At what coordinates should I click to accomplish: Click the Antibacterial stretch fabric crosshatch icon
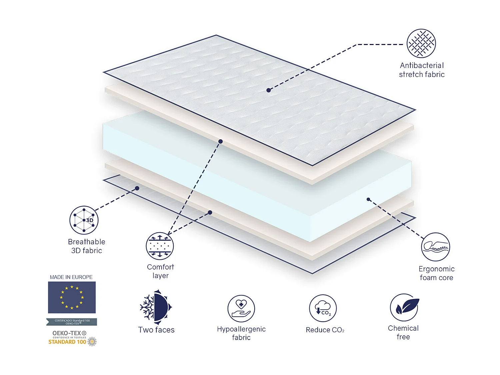pos(421,43)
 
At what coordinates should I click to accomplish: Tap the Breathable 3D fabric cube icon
pos(84,220)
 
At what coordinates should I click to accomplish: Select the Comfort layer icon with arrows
pos(160,246)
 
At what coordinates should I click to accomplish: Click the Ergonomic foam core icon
pos(436,247)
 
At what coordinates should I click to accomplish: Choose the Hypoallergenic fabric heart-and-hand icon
pos(241,309)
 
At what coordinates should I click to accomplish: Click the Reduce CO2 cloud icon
pos(323,308)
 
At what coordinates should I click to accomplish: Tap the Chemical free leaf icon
pos(404,307)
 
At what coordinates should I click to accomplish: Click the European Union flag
pos(72,297)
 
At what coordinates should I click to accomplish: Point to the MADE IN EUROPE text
pos(71,277)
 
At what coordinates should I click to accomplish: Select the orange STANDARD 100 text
pos(67,342)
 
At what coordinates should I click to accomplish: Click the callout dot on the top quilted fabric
pos(269,90)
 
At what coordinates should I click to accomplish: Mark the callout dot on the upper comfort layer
pos(220,142)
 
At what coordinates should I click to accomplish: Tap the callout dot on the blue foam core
pos(368,199)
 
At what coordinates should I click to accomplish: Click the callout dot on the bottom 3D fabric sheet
pos(137,188)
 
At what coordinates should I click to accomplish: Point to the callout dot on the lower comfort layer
pos(210,212)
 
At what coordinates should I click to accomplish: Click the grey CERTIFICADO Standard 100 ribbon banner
pos(72,322)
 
